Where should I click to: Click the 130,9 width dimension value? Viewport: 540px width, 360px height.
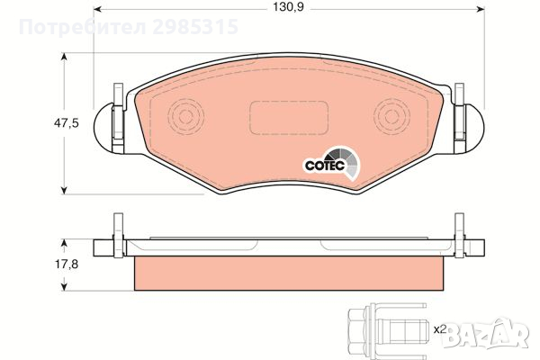pos(288,7)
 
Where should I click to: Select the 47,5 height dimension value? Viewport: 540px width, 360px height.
pos(66,123)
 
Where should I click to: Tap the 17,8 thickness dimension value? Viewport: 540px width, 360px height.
pos(67,265)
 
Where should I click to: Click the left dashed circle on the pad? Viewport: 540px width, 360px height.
pos(186,116)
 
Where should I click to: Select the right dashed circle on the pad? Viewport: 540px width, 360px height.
pos(391,116)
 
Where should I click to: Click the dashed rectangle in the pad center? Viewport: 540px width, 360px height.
pos(289,118)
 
